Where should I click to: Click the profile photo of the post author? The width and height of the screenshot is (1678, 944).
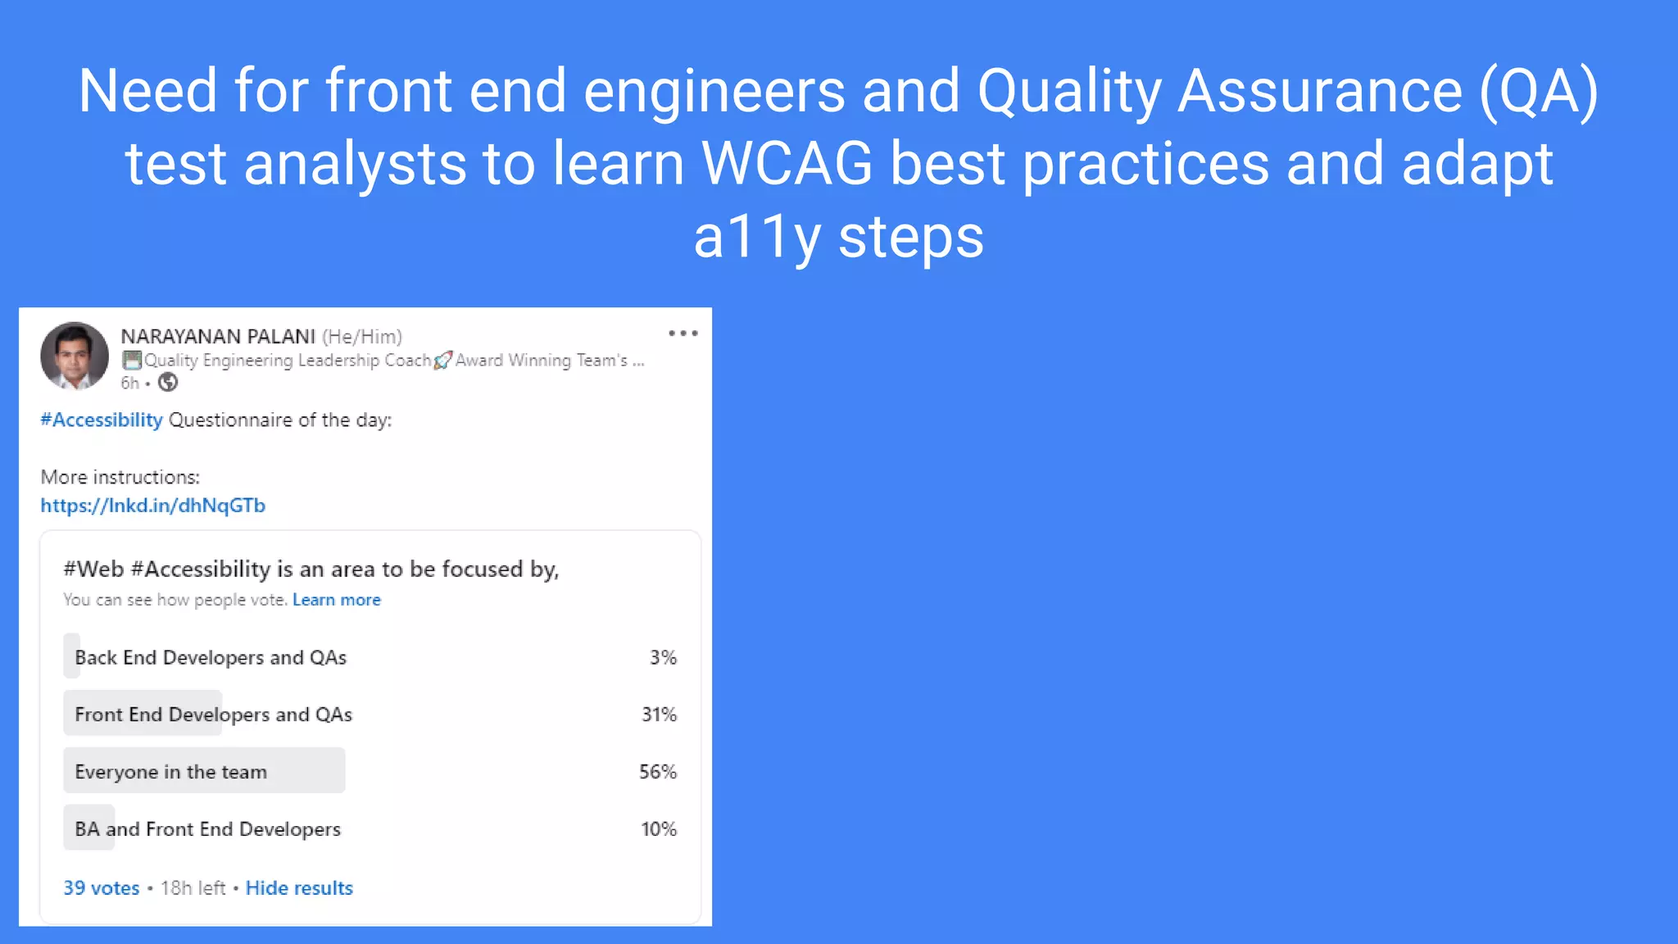coord(75,356)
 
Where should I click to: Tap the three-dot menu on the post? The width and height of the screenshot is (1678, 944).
coord(683,334)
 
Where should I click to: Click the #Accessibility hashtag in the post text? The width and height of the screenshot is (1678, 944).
coord(102,420)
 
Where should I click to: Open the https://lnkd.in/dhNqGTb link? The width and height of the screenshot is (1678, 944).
coord(153,506)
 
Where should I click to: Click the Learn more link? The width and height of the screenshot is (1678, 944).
coord(336,600)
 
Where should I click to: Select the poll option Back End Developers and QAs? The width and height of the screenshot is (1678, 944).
coord(211,657)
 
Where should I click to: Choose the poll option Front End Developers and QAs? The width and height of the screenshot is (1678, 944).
coord(213,715)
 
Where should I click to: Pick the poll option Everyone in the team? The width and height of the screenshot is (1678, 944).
coord(170,772)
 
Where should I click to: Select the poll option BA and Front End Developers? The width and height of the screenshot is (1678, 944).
coord(207,829)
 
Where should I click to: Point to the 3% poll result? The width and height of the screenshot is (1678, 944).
coord(663,657)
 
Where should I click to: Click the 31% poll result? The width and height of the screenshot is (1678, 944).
coord(659,715)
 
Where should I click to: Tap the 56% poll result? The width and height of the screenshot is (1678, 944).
coord(658,772)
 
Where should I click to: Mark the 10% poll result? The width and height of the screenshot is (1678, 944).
coord(659,829)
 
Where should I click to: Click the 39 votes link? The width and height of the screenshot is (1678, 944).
coord(102,888)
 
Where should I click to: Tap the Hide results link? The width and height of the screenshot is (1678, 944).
coord(299,888)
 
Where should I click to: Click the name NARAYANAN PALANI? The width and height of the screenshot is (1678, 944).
coord(218,337)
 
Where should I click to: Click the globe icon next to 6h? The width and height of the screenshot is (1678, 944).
coord(168,383)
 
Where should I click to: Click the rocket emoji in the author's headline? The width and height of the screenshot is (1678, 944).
coord(442,361)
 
